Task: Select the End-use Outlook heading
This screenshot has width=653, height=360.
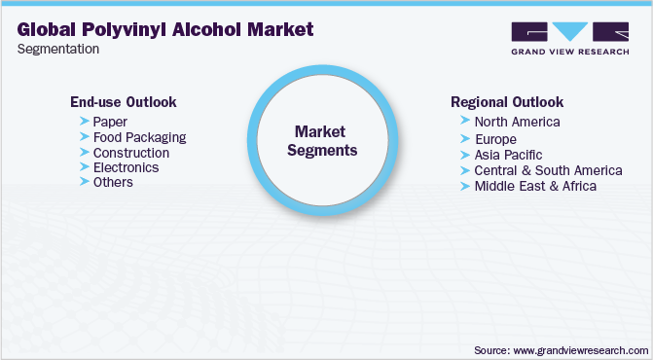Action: coord(123,101)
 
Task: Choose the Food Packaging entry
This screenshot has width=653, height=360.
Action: coord(139,137)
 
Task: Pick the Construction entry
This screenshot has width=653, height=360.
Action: coord(131,153)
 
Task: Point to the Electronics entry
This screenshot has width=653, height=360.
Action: coord(126,167)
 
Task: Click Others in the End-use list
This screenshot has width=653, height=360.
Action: coord(113,182)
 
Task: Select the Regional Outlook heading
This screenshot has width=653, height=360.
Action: coord(507,101)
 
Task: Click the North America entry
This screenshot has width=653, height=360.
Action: coord(517,122)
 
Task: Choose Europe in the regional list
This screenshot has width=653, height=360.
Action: coord(495,139)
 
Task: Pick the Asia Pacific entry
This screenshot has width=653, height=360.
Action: coord(508,155)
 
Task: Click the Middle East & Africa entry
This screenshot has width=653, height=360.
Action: coord(534,185)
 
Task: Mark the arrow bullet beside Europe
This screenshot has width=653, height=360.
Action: coord(466,139)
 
